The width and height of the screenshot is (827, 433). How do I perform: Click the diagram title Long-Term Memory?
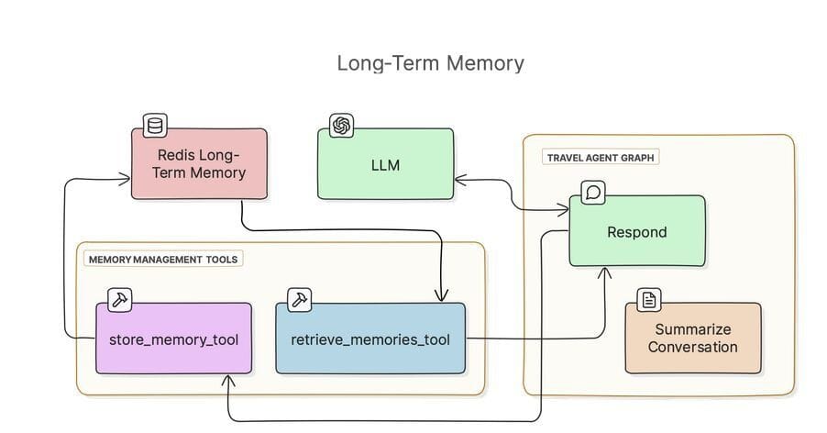[x=430, y=63]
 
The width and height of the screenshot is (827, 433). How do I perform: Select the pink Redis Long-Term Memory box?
[x=199, y=163]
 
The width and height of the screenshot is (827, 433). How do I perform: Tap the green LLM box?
[x=385, y=165]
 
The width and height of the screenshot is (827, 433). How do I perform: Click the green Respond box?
[x=637, y=232]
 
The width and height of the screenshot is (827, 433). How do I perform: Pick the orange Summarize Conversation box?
[x=692, y=339]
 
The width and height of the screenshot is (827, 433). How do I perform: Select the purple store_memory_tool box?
[x=173, y=339]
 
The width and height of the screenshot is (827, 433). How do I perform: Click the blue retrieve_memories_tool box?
[x=369, y=339]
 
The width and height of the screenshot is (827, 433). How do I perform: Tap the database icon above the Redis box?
[x=155, y=126]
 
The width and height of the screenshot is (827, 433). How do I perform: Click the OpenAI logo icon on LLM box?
[x=342, y=126]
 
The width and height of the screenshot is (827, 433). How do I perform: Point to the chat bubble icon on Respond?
[x=593, y=193]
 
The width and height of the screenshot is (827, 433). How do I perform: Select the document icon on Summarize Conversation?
[x=649, y=300]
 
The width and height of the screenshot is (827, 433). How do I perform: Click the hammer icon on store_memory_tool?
[x=120, y=299]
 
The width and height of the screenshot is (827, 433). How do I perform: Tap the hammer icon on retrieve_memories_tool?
[x=299, y=299]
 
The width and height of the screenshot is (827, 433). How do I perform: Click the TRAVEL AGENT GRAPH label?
[x=601, y=158]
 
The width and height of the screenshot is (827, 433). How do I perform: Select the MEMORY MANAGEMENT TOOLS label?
[x=163, y=260]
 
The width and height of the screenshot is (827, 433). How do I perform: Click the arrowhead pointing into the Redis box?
[x=125, y=179]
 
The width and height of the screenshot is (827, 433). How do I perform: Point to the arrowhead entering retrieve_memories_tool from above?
[x=441, y=296]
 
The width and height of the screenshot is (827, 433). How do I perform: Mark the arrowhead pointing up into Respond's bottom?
[x=604, y=272]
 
